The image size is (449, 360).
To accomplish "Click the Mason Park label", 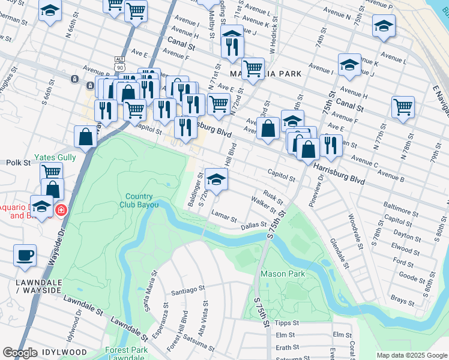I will [x=283, y=274].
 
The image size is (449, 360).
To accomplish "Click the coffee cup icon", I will [x=25, y=255].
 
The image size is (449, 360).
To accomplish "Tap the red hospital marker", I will [x=61, y=210].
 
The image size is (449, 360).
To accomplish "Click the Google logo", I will [x=20, y=352].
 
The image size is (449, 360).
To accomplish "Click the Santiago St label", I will [x=188, y=289].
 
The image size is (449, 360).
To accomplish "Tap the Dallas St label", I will [x=253, y=226].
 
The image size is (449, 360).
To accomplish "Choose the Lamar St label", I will [x=224, y=220].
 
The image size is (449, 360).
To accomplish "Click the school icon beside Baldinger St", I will [x=216, y=178].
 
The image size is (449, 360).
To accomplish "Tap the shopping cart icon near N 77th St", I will [x=403, y=107].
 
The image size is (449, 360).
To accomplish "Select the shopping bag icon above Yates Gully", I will [x=86, y=136].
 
